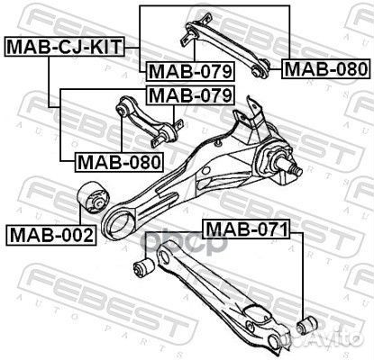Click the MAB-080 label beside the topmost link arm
(x=324, y=67)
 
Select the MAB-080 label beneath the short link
(x=117, y=162)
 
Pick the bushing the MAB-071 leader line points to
(x=305, y=323)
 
